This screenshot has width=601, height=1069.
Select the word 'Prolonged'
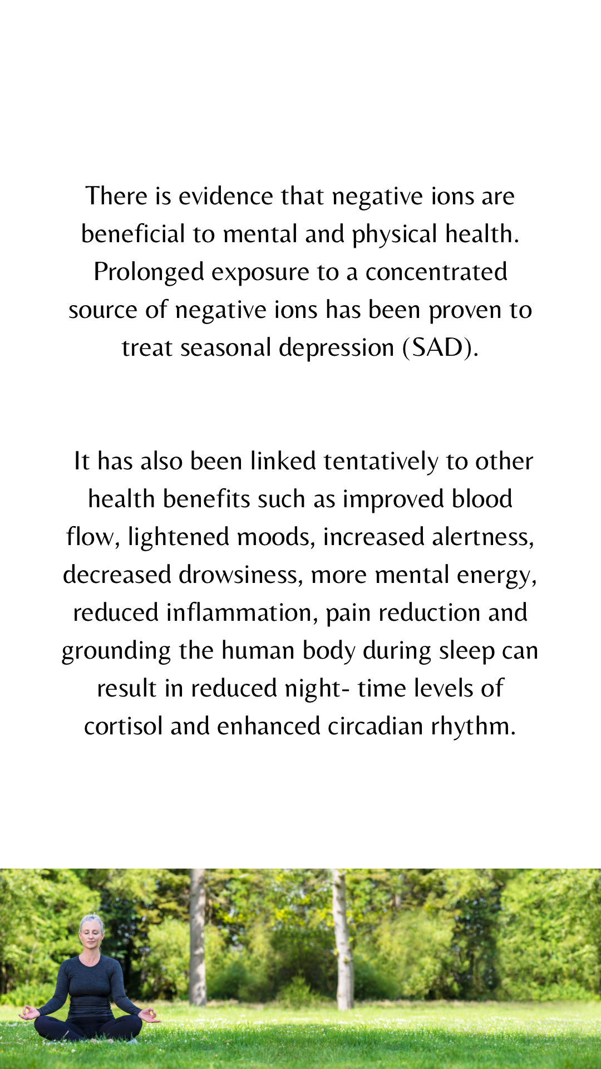point(149,273)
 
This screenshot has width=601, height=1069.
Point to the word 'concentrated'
point(436,272)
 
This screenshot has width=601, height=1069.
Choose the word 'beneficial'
point(133,234)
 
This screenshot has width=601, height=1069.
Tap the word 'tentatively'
point(381,462)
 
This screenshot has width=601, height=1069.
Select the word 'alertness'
point(482,537)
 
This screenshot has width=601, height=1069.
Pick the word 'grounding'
point(116,651)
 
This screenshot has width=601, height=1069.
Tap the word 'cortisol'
point(124,727)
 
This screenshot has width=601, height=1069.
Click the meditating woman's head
point(91,930)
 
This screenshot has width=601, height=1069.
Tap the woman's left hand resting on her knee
point(148,1014)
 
